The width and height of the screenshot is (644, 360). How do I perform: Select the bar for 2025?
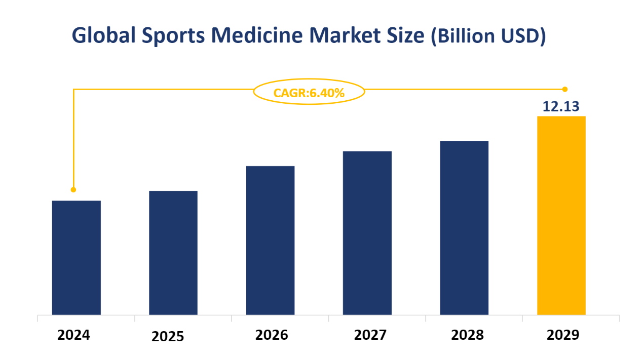coord(173,253)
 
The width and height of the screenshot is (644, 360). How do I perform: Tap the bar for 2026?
coord(270,240)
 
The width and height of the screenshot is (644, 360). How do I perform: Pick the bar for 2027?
coord(367,233)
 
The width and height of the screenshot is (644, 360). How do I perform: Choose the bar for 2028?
coord(464,228)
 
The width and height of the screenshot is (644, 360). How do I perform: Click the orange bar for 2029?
coord(561,215)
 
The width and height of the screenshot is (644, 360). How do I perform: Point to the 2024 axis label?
coord(73,335)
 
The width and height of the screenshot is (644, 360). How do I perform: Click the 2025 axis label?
coord(169,337)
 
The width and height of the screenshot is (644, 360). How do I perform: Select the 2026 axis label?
coord(272,335)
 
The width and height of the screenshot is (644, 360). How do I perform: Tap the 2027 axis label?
coord(370,335)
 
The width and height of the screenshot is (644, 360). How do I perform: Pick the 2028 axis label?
coord(468,335)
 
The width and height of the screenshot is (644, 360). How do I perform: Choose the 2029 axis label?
coord(563,336)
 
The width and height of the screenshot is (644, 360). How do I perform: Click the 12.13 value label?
coord(561,107)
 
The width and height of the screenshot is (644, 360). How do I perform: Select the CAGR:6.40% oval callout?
coord(309,92)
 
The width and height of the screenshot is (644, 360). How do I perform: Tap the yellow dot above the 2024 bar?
coord(73,190)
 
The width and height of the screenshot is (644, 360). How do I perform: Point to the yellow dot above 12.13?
coord(565,89)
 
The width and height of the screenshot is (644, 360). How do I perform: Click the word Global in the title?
coord(103,36)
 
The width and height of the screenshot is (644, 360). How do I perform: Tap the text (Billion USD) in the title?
coord(488,36)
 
